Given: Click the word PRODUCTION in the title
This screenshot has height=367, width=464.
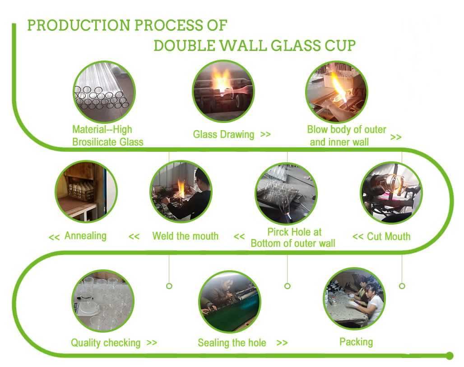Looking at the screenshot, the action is click(x=79, y=25).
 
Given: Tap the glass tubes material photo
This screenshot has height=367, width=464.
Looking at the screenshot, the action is click(x=104, y=92).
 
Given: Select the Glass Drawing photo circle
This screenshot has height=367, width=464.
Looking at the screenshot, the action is click(x=223, y=91).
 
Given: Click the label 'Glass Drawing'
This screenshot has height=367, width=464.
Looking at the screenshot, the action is click(x=223, y=135).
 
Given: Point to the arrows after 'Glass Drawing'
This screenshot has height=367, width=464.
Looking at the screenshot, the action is click(x=265, y=135).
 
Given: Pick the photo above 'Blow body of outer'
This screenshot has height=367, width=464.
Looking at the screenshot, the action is click(x=336, y=92).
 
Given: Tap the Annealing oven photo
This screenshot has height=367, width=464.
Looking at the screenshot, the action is click(x=86, y=191).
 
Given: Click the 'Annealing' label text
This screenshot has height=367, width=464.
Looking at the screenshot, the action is click(x=85, y=236).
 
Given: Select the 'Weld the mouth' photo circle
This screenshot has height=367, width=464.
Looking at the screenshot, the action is click(x=181, y=191).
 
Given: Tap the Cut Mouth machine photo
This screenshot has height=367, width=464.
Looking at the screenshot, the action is click(x=391, y=193).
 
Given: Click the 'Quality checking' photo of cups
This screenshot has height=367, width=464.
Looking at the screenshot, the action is click(x=103, y=301).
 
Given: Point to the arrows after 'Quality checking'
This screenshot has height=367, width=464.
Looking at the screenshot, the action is click(x=152, y=343).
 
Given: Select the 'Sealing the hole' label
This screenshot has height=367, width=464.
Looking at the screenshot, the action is click(x=232, y=343).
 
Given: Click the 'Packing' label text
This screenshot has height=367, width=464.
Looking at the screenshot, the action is click(x=356, y=342).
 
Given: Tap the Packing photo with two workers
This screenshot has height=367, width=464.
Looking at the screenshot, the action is click(x=354, y=299).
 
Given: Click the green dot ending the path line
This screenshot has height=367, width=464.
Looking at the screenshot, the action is click(x=450, y=356).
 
